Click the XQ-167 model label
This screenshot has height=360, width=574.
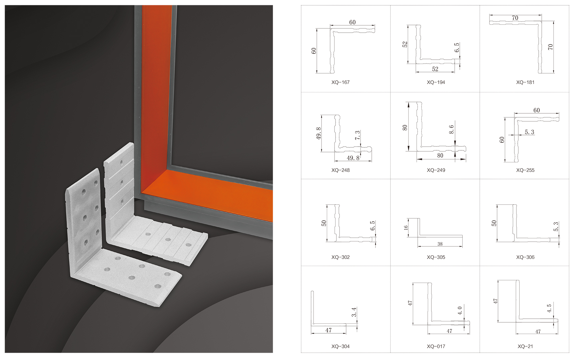tap(340, 82)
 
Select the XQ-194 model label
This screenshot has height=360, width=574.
tap(436, 82)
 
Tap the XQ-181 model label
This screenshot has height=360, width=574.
tap(525, 82)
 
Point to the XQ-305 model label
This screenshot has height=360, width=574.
tap(436, 257)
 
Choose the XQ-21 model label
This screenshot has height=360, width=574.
tap(525, 346)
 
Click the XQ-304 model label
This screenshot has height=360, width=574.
tap(340, 346)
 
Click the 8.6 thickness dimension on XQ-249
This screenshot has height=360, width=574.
tap(451, 129)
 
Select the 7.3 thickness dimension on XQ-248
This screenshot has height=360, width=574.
tap(357, 135)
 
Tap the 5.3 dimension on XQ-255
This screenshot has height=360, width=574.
tap(529, 132)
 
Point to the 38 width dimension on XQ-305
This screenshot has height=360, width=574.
tap(440, 244)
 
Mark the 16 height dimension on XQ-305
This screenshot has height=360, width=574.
tap(406, 227)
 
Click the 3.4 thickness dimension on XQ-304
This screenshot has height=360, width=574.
tap(354, 312)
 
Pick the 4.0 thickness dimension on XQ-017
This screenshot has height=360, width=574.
tap(460, 311)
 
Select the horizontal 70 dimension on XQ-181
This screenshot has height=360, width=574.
tap(515, 18)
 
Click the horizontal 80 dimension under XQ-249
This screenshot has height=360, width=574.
tap(440, 156)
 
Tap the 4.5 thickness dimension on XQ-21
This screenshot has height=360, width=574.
tap(549, 308)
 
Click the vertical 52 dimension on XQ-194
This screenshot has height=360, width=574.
tap(405, 44)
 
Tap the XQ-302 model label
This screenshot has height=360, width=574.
tap(340, 257)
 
